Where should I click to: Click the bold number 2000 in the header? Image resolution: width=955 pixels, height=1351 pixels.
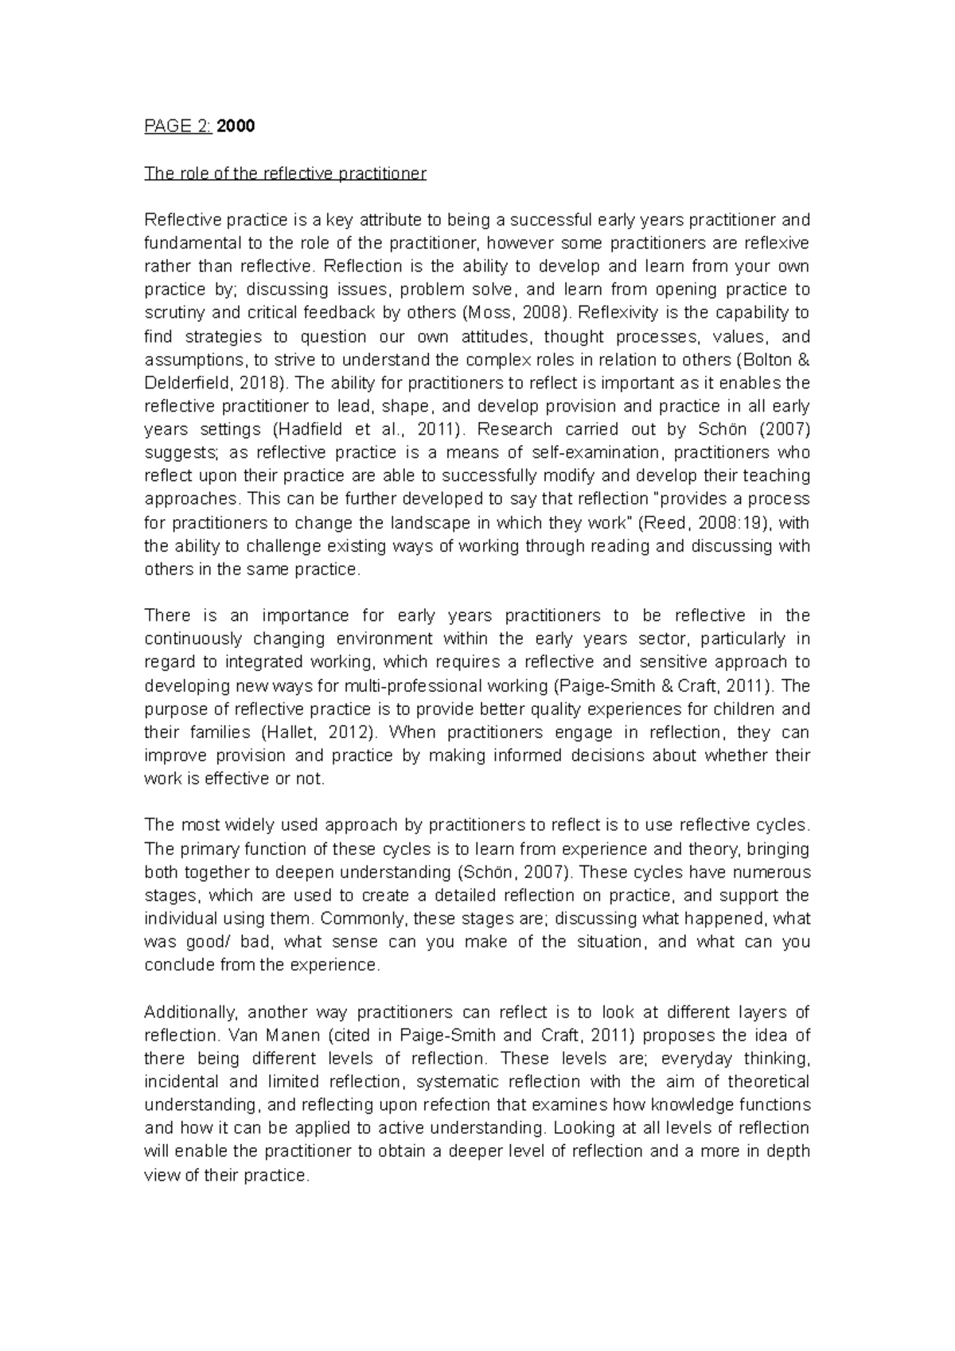(x=236, y=126)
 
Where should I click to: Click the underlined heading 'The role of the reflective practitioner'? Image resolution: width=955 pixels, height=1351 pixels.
(x=285, y=173)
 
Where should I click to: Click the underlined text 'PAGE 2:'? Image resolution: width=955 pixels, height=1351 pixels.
(x=177, y=126)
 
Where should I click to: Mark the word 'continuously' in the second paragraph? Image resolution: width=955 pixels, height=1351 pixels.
(x=193, y=638)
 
